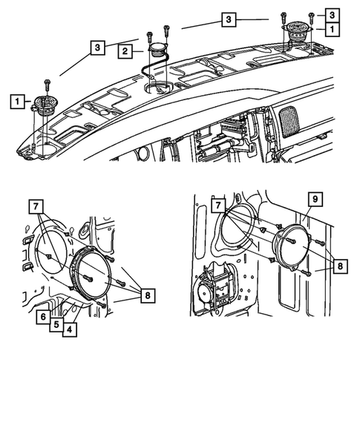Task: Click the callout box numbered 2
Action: pyautogui.click(x=127, y=51)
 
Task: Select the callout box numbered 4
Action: pyautogui.click(x=70, y=329)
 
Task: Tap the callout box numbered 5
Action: pyautogui.click(x=56, y=323)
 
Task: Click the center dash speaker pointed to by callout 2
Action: pyautogui.click(x=158, y=52)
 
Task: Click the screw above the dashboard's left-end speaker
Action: pyautogui.click(x=48, y=82)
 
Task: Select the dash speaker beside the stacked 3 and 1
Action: pyautogui.click(x=296, y=34)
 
